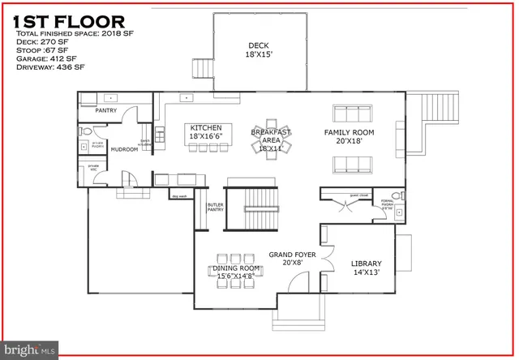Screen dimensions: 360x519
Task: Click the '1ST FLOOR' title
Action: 70,20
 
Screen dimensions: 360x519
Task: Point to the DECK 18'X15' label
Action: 259,51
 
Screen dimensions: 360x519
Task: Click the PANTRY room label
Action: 106,109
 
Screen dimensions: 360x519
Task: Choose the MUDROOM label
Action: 124,149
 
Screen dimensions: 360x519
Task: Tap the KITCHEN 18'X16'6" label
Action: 206,133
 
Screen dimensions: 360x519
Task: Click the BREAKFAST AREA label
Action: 271,139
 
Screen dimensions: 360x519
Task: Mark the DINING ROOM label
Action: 236,272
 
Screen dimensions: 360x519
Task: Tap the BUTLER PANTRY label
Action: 215,208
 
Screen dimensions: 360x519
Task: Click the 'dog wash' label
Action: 179,196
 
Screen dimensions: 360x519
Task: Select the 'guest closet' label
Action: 359,195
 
